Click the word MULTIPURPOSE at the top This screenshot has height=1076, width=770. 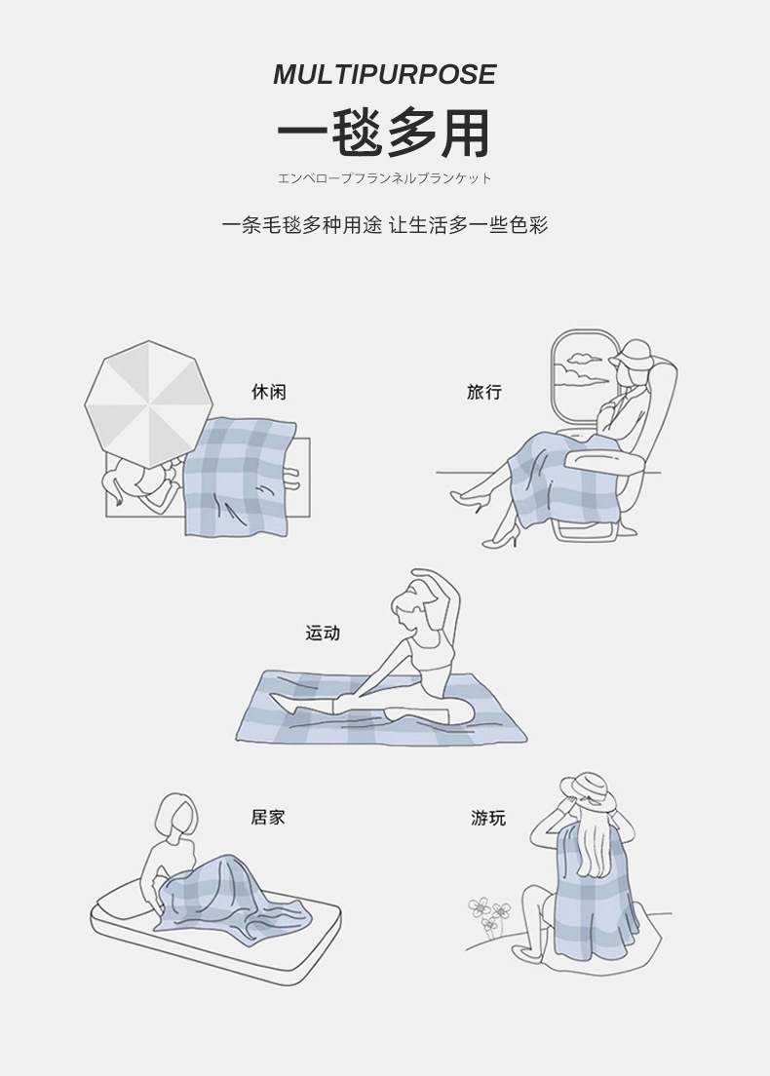pos(384,74)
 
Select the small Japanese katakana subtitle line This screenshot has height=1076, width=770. pos(384,178)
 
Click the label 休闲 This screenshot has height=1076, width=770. pos(269,392)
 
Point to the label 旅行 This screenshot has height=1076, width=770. pos(484,392)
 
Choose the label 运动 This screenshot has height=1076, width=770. pos(323,633)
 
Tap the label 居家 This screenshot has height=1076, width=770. pos(268,817)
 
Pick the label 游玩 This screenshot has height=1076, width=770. pos(488,818)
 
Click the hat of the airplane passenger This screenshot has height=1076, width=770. pos(632,353)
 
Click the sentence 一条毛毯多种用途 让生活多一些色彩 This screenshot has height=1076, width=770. pos(384,225)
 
